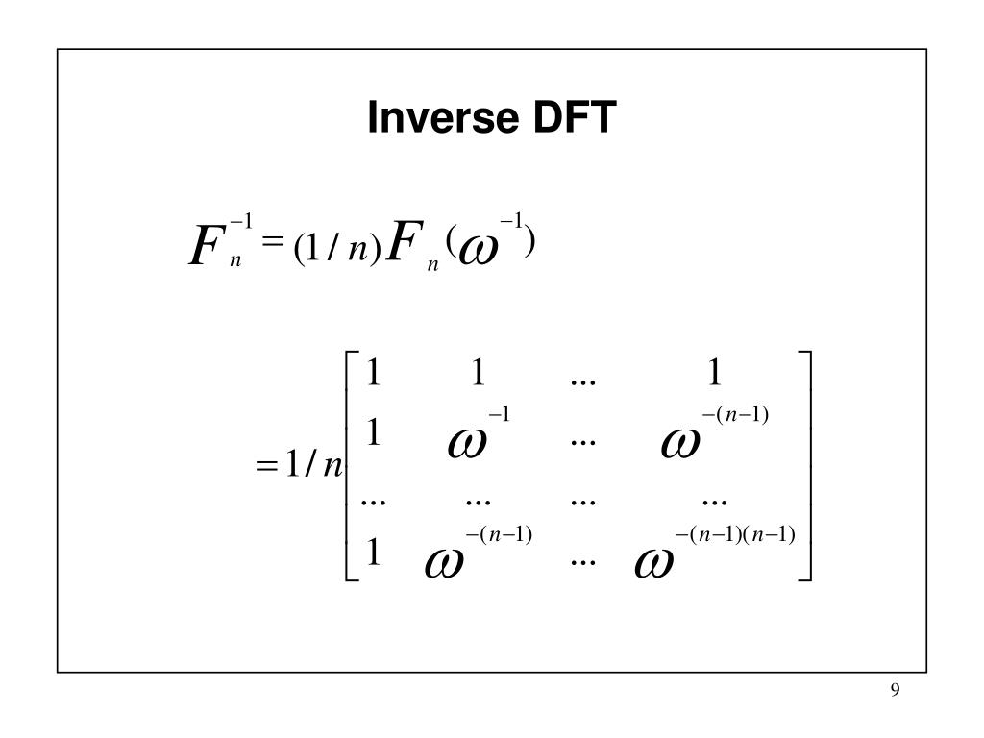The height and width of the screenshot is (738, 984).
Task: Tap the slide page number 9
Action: coord(895,691)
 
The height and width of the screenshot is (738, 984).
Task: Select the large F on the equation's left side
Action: coord(205,249)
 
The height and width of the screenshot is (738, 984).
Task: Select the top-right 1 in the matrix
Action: coord(714,373)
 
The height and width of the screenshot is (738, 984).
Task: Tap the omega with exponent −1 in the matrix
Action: coord(468,443)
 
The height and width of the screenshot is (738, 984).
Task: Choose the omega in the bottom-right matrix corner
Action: coord(654,562)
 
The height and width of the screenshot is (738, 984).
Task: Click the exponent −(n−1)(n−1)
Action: coord(735,534)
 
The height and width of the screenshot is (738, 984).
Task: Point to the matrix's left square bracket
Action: coord(349,466)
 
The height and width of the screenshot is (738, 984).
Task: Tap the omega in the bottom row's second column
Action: coord(444,562)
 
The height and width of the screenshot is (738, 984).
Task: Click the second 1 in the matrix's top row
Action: coord(478,373)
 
